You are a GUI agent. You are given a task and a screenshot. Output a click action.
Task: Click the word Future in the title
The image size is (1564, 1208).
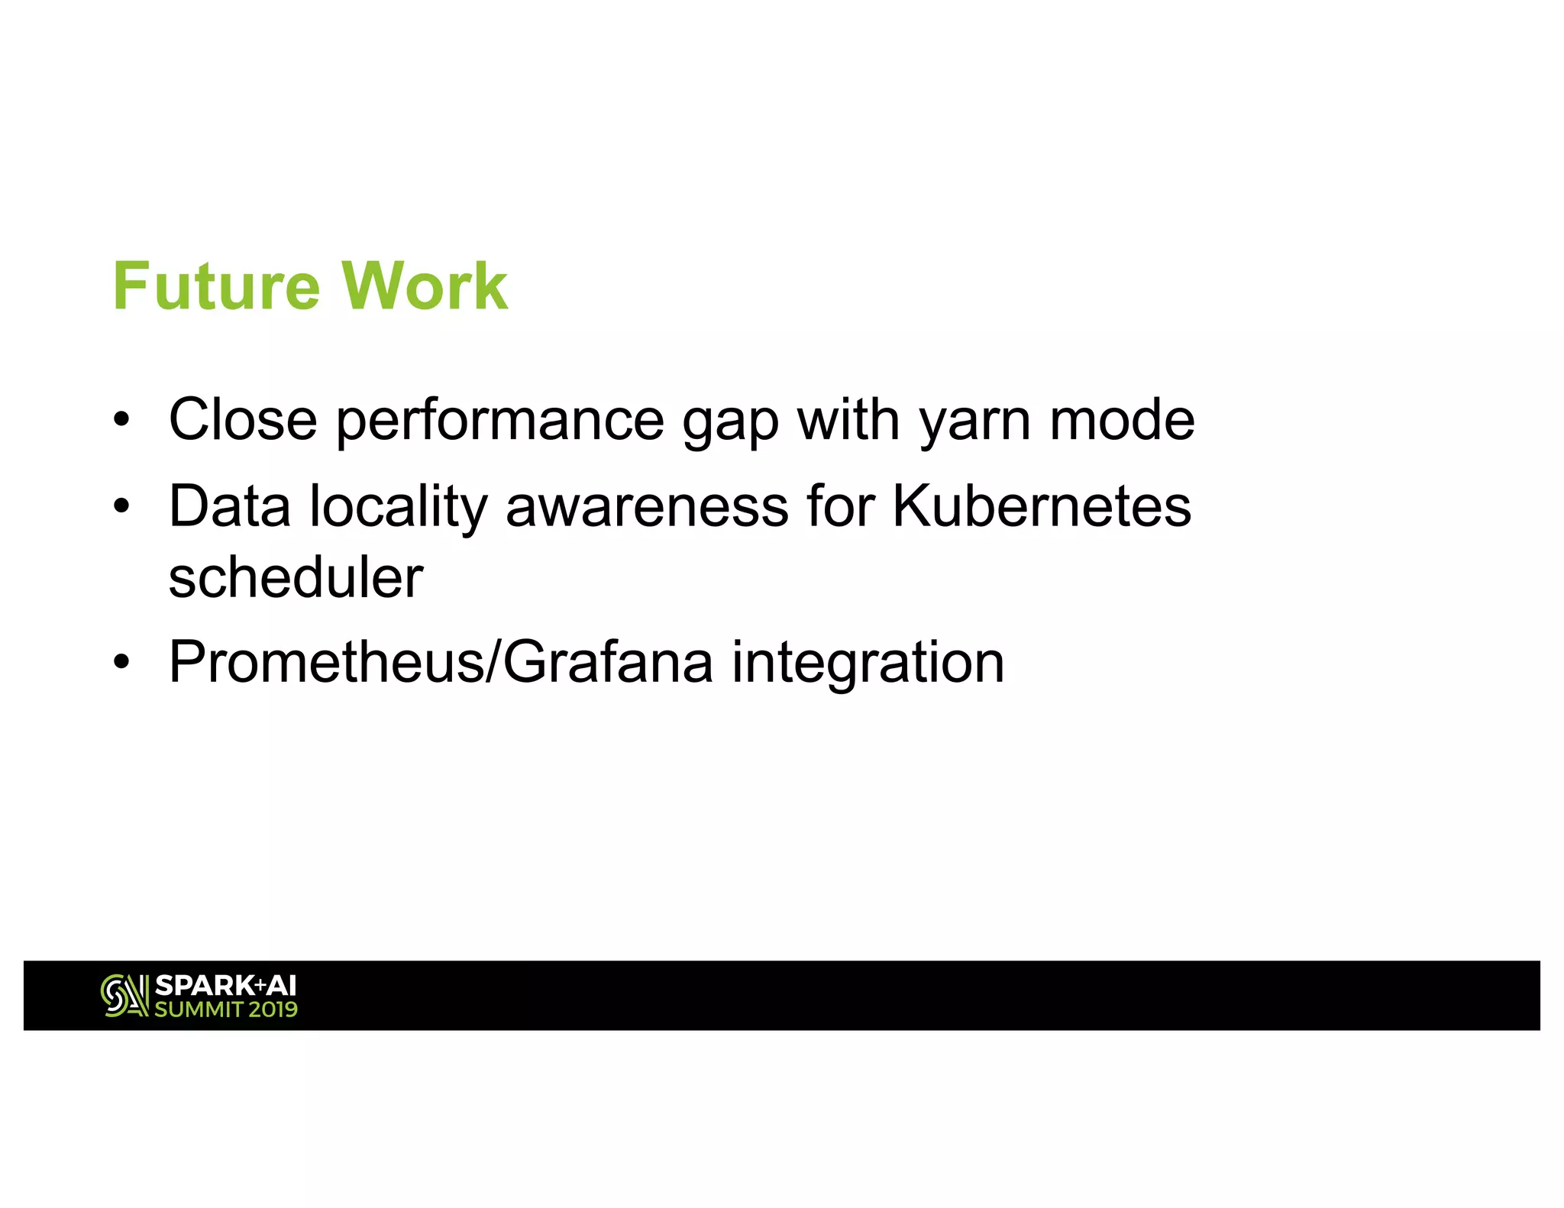click(x=215, y=286)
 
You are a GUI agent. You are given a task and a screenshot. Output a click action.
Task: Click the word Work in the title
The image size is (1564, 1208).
click(x=425, y=286)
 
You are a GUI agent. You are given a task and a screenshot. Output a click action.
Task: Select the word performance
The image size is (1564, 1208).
click(x=500, y=421)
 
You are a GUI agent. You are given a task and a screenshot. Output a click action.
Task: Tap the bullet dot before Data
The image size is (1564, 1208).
click(x=121, y=506)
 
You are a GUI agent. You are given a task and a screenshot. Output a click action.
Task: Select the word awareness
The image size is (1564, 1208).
click(x=647, y=506)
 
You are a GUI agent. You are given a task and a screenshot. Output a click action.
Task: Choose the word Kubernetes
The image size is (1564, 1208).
click(x=1041, y=506)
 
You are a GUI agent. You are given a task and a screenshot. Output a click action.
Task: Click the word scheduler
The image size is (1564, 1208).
click(x=296, y=577)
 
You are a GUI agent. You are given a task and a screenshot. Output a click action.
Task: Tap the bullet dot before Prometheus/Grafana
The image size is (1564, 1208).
click(x=121, y=662)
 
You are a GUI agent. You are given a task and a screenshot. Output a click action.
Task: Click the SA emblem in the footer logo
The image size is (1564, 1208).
click(x=124, y=996)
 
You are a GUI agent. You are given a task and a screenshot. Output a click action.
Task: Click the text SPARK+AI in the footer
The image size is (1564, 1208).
click(x=225, y=986)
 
